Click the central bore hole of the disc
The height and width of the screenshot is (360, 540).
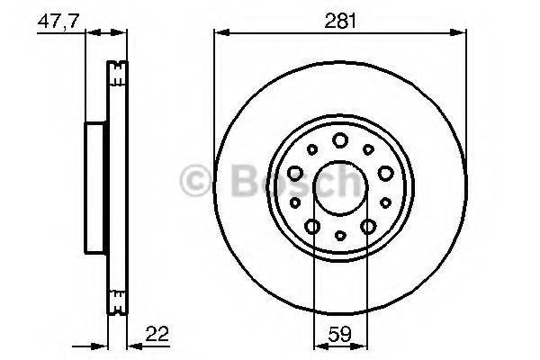coord(340,186)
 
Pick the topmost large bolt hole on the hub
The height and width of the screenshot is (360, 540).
coord(340,139)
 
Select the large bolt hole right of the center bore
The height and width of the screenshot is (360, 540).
coord(385,173)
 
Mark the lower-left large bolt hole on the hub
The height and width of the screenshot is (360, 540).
coord(312,226)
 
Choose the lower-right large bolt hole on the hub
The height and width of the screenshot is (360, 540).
coord(368,226)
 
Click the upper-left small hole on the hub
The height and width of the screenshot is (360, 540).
coord(311,149)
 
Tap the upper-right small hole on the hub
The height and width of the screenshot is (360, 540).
coord(369,149)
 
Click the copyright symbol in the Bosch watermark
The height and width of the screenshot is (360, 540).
coord(195,182)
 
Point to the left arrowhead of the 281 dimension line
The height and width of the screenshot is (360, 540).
coord(220,32)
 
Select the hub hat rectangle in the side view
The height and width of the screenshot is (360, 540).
coord(96,186)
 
